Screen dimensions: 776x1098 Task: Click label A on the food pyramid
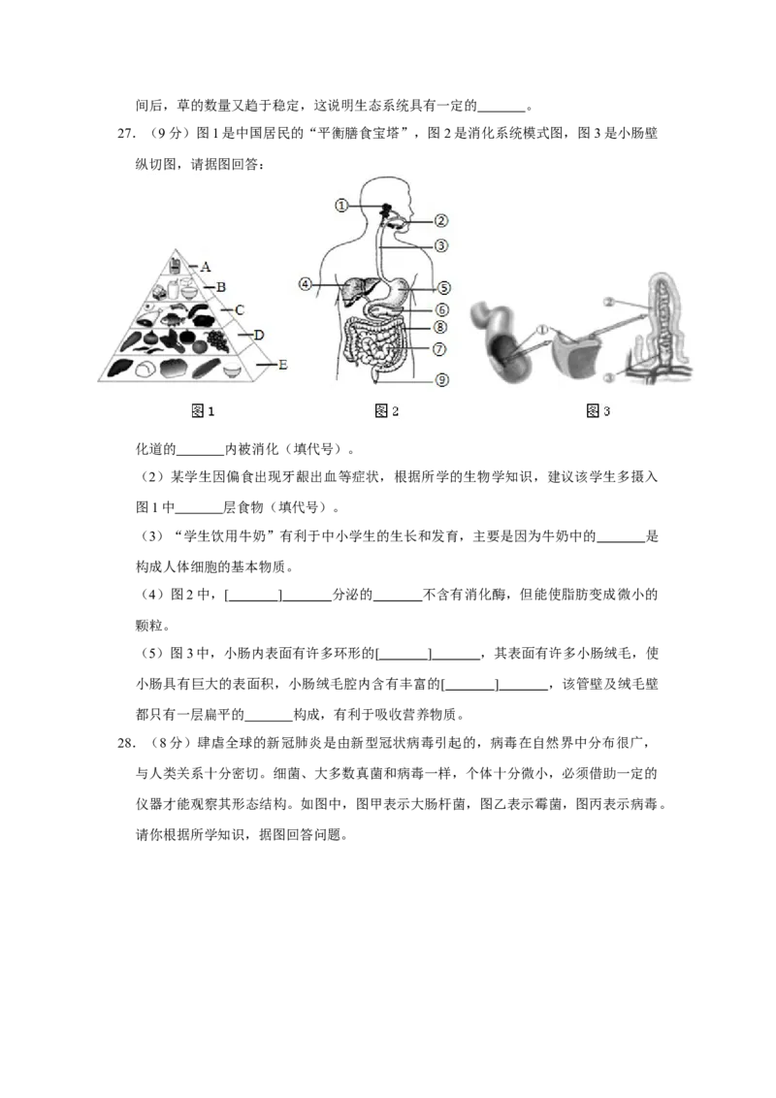click(206, 267)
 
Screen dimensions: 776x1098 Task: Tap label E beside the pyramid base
click(283, 365)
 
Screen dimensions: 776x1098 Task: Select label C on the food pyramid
click(240, 310)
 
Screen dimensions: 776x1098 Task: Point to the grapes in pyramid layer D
click(218, 339)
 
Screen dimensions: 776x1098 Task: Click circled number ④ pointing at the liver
click(305, 284)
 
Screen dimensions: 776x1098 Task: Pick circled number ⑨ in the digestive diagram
click(442, 380)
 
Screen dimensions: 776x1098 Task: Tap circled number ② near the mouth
click(440, 220)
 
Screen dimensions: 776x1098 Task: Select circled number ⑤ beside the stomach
click(443, 288)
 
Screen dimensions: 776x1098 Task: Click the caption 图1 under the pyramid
click(203, 411)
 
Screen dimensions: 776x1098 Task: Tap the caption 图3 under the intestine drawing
click(598, 411)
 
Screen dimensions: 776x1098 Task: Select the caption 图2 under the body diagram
click(387, 411)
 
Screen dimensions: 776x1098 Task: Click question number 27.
click(126, 134)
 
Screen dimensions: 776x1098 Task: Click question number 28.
click(126, 744)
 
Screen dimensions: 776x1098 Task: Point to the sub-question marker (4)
click(152, 596)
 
